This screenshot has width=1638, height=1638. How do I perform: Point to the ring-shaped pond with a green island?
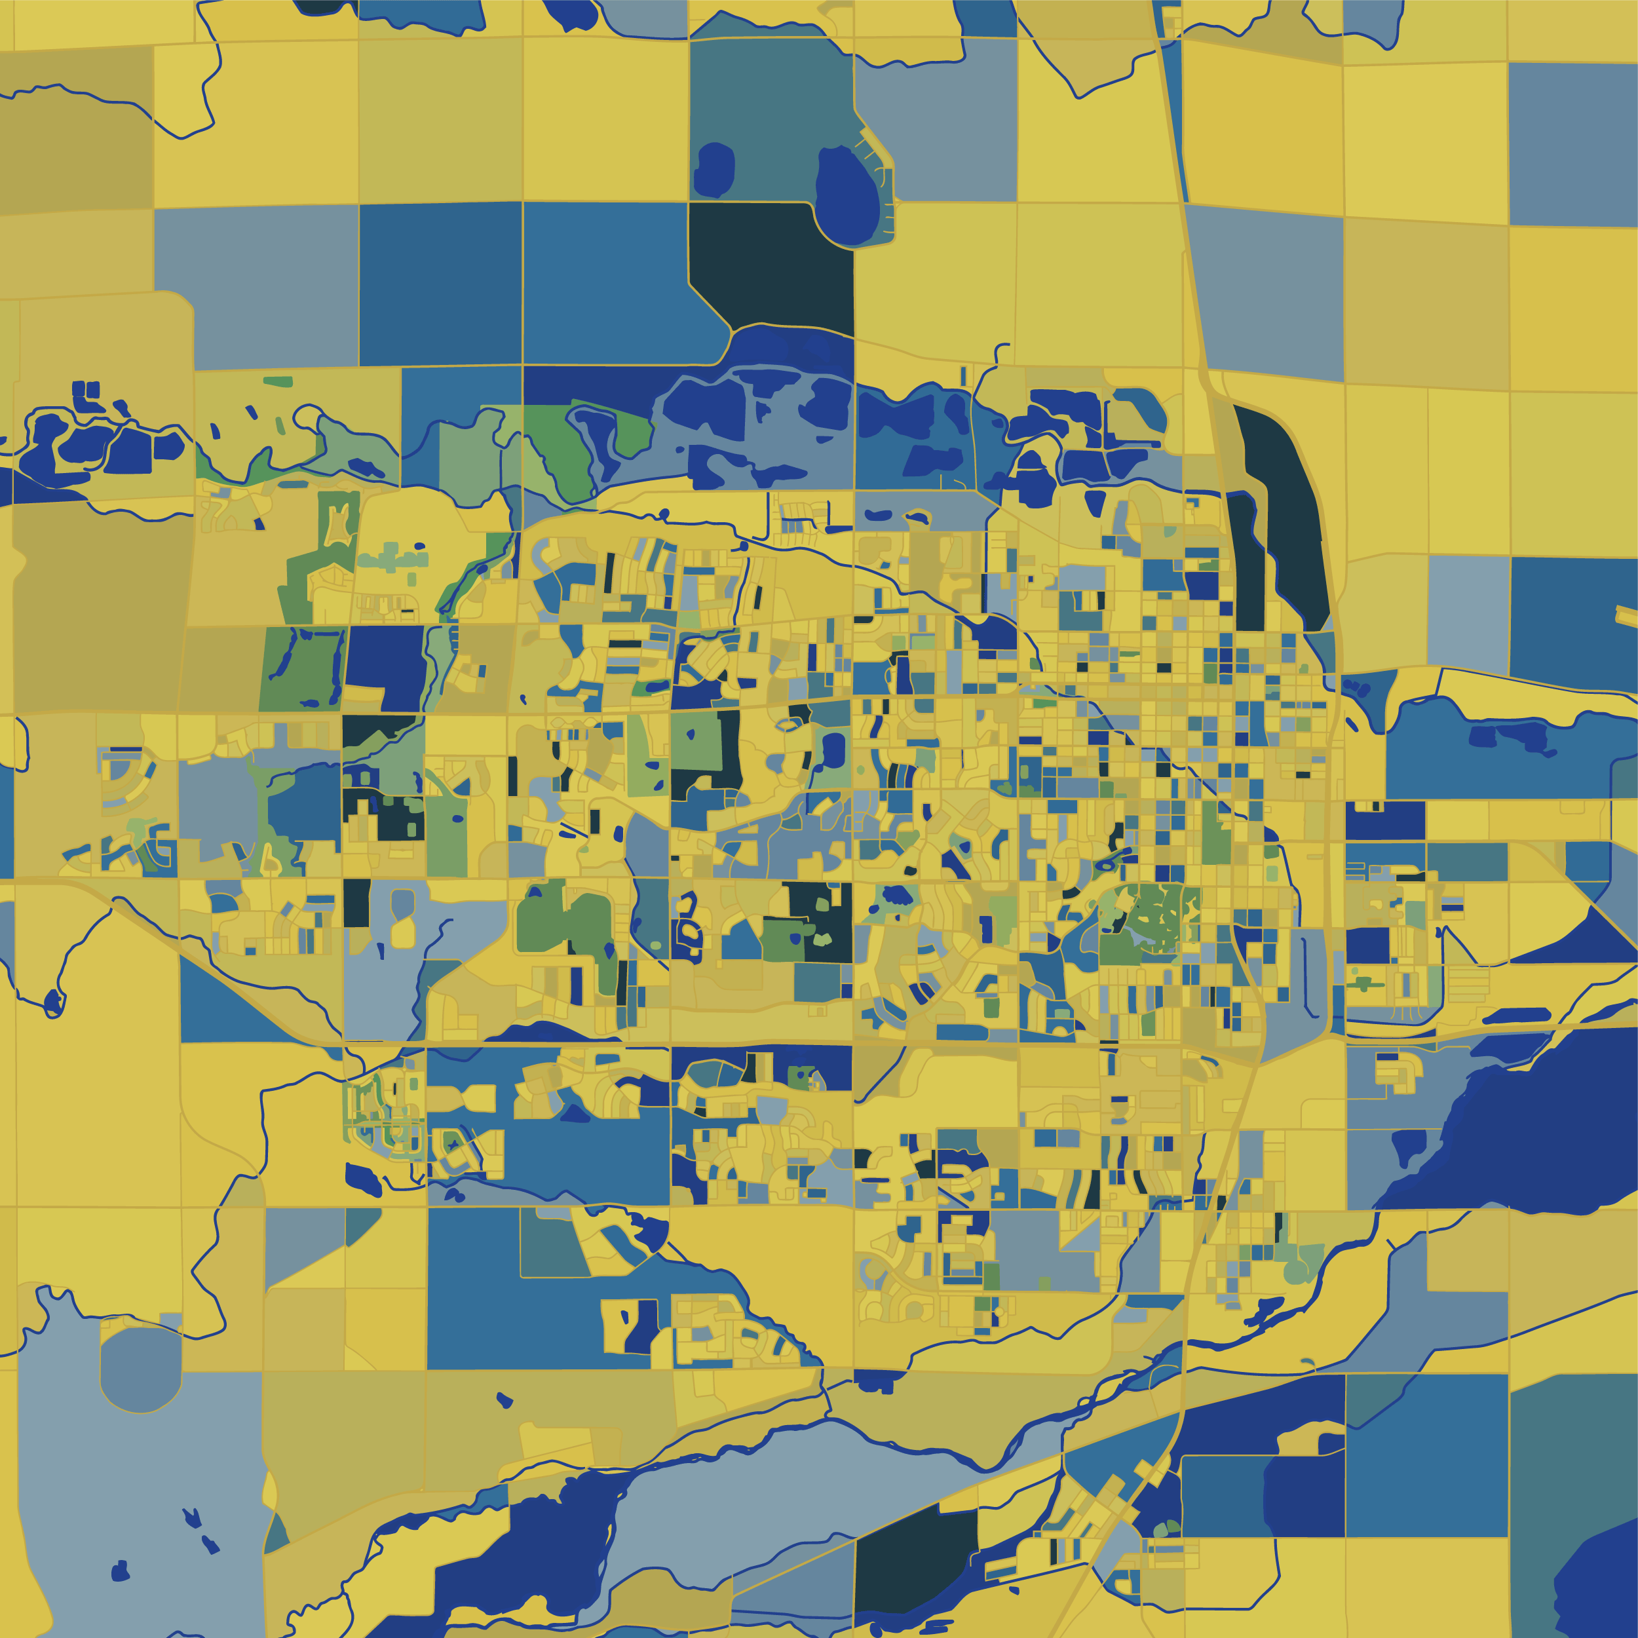point(1107,866)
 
